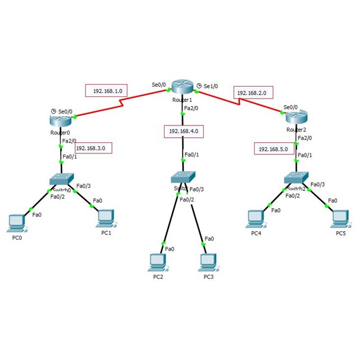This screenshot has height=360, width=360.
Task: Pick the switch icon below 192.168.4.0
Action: click(183, 177)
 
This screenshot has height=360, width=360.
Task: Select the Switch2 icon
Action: click(296, 177)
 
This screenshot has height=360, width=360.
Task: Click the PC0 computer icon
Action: click(16, 222)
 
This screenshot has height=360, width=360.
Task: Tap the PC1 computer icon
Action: click(106, 218)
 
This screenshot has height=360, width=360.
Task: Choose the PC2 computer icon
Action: click(158, 261)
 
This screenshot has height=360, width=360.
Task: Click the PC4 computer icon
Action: click(255, 218)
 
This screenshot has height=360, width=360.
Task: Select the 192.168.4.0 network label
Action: click(183, 132)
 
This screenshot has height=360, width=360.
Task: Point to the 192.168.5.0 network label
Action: click(274, 148)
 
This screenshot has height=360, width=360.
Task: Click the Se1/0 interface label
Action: click(210, 86)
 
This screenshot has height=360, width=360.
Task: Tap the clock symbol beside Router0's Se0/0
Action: click(53, 110)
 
